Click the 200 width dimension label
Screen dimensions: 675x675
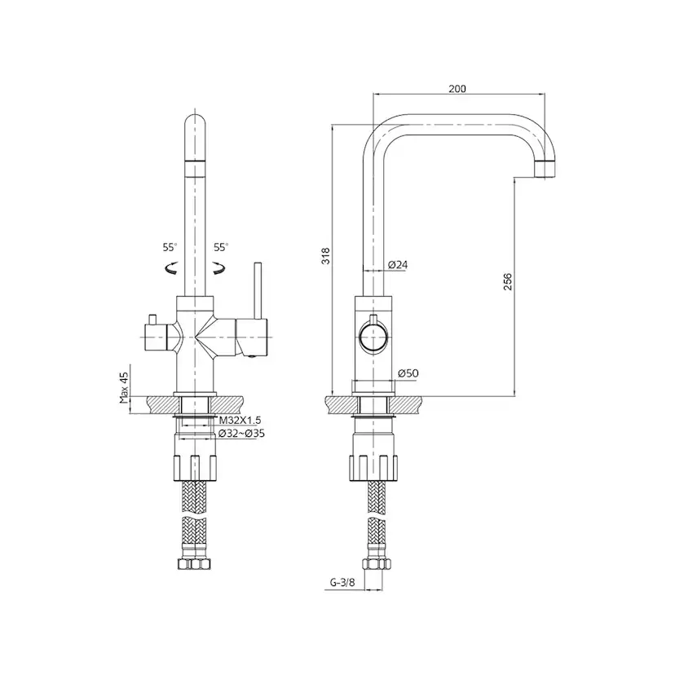(x=457, y=89)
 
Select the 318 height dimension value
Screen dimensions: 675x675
(x=326, y=256)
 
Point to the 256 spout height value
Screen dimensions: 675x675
(x=508, y=281)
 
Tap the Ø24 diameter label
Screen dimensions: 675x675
(x=397, y=265)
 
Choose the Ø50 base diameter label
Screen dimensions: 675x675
(x=408, y=373)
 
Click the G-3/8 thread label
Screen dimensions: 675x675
(x=342, y=583)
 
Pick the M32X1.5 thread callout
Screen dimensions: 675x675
(x=240, y=420)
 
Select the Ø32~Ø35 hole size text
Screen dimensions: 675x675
(x=241, y=434)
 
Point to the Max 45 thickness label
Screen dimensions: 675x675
(x=125, y=388)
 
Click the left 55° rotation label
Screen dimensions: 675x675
(x=170, y=247)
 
